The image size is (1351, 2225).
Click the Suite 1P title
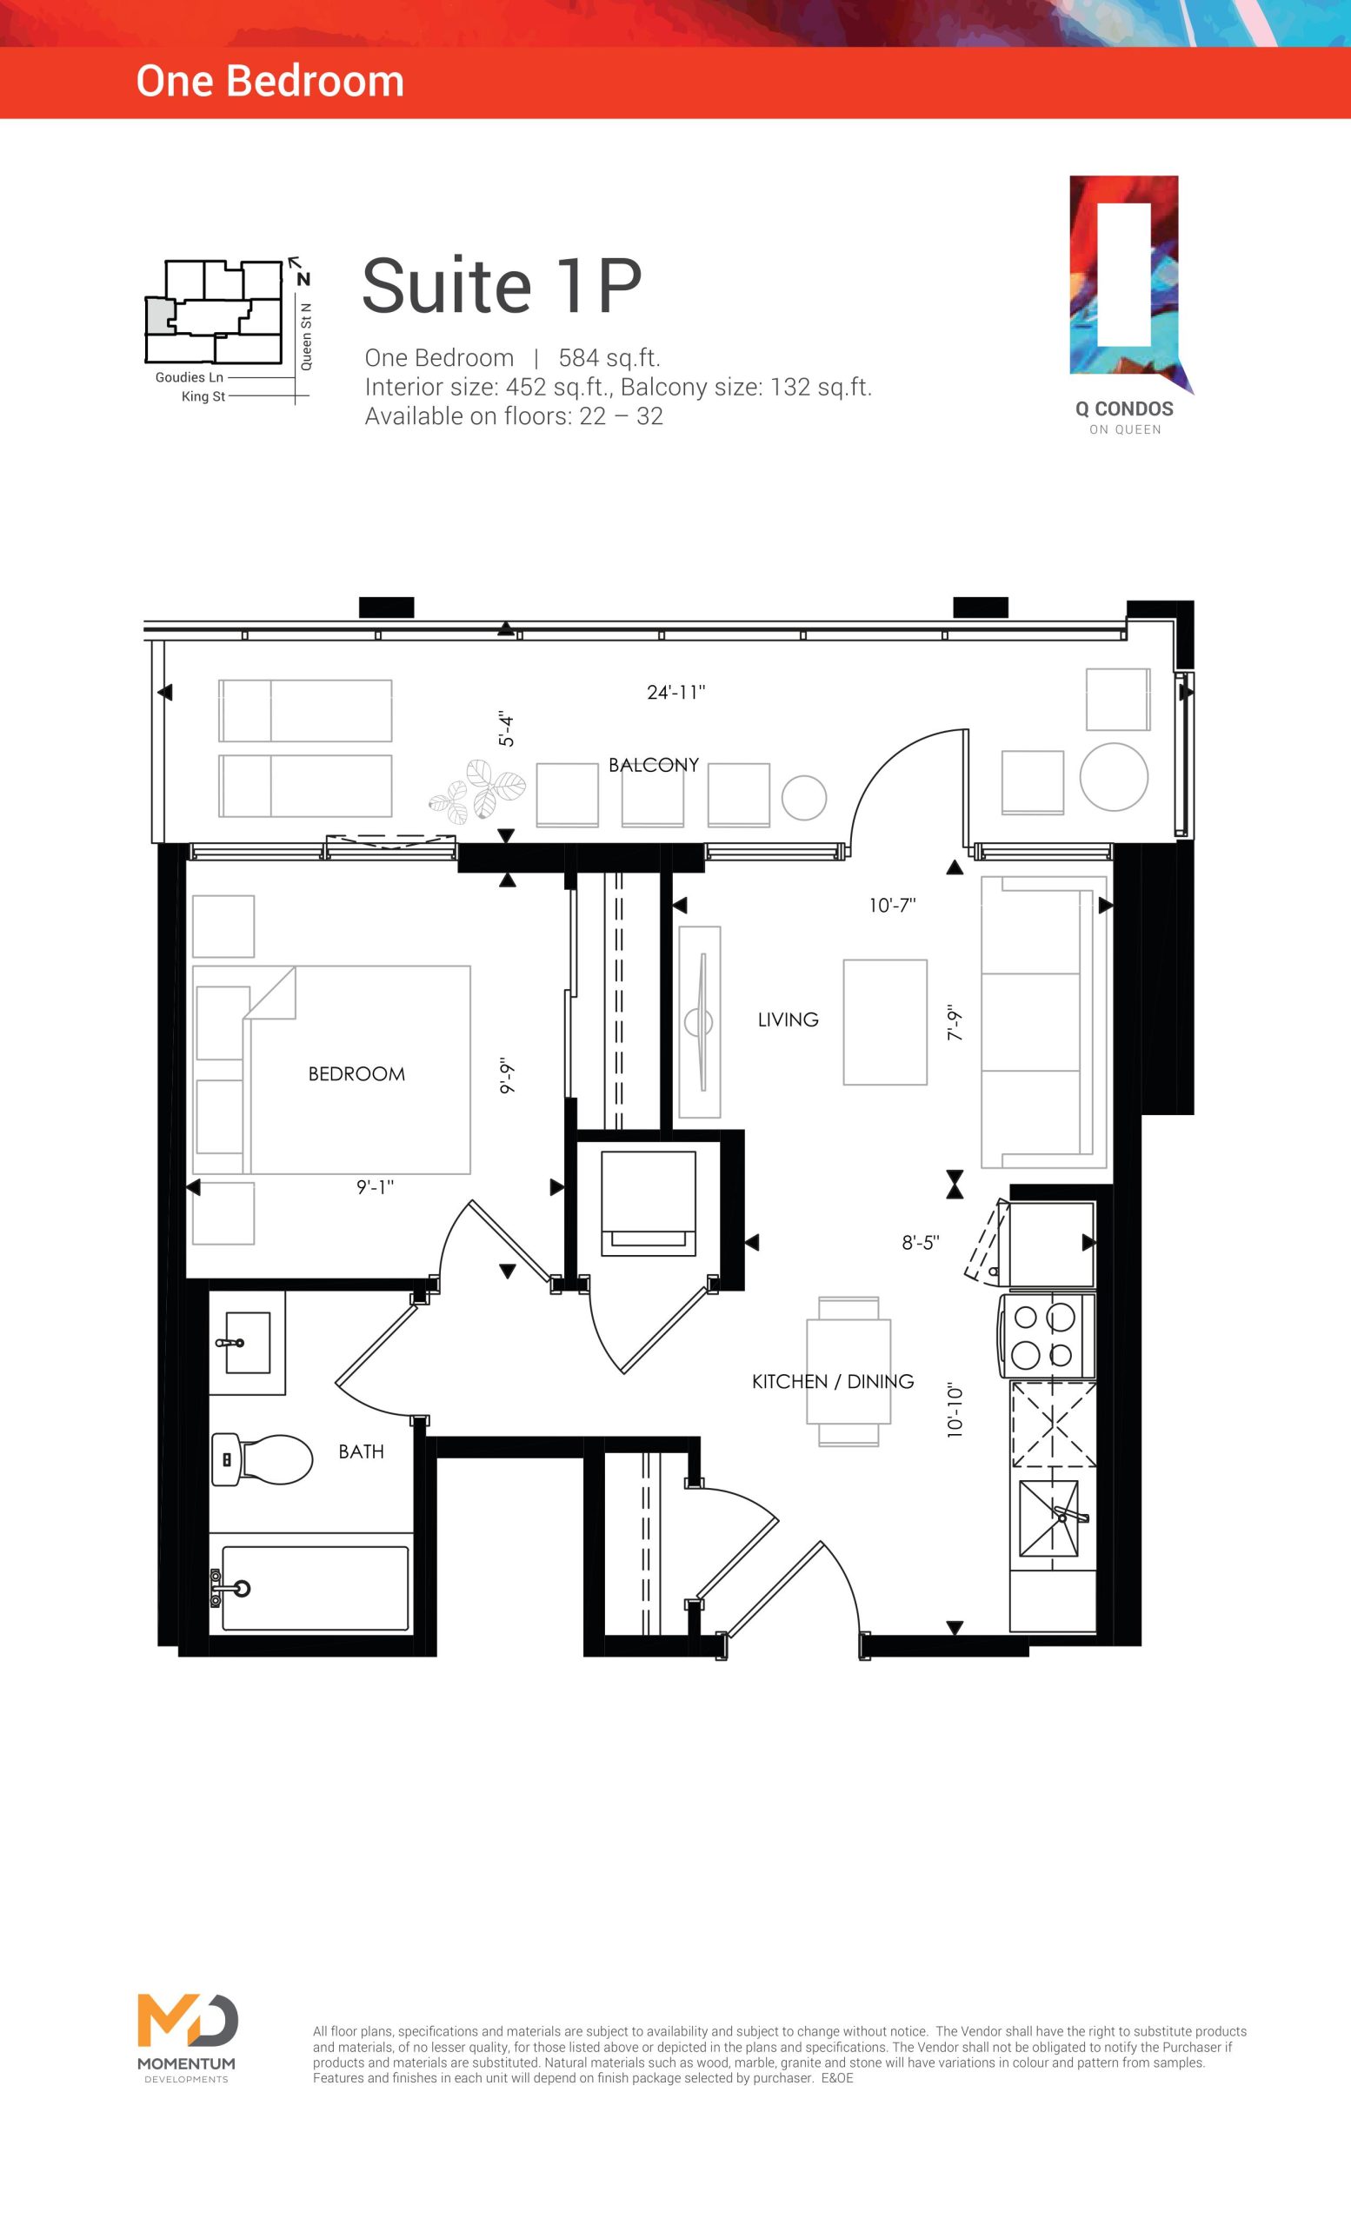pos(502,285)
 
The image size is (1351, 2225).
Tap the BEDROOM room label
pos(356,1073)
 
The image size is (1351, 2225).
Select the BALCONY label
pos(654,765)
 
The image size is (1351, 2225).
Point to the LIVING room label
pos(789,1020)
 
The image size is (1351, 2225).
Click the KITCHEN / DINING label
pos(833,1381)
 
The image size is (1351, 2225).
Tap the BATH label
pos(362,1451)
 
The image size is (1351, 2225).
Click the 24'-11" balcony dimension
pos(676,693)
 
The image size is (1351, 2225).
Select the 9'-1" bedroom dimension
pos(376,1186)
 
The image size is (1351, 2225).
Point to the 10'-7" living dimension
pos(893,905)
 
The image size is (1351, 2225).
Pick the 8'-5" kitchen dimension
pos(922,1243)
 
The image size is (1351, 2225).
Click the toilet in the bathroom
pos(262,1459)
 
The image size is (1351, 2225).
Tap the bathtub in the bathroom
pos(311,1590)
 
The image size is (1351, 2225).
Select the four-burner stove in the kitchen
pos(1047,1337)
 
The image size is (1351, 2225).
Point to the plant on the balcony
pos(476,791)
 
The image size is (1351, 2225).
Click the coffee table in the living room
pos(885,1022)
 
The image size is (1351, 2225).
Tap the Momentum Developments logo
pos(187,2036)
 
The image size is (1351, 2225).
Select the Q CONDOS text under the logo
pos(1124,409)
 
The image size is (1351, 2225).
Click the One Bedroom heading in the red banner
pos(270,82)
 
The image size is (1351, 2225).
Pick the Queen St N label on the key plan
pos(306,335)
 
